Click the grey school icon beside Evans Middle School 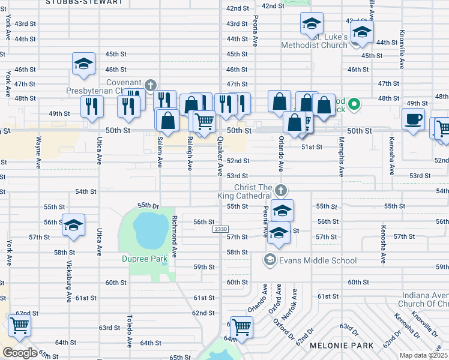[x=270, y=260]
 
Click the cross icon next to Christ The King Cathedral [x=281, y=191]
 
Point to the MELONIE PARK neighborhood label [x=342, y=345]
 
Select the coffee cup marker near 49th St [x=413, y=119]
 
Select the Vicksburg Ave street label [x=69, y=282]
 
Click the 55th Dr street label [x=147, y=205]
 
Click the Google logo [x=20, y=353]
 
